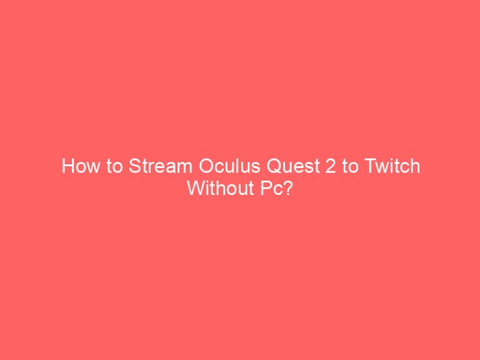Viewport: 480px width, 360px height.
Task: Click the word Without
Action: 217,188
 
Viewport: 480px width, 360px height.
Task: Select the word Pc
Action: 267,188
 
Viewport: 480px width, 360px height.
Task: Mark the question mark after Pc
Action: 287,188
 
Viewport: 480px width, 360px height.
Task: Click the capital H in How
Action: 67,167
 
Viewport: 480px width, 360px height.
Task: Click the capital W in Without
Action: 194,188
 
